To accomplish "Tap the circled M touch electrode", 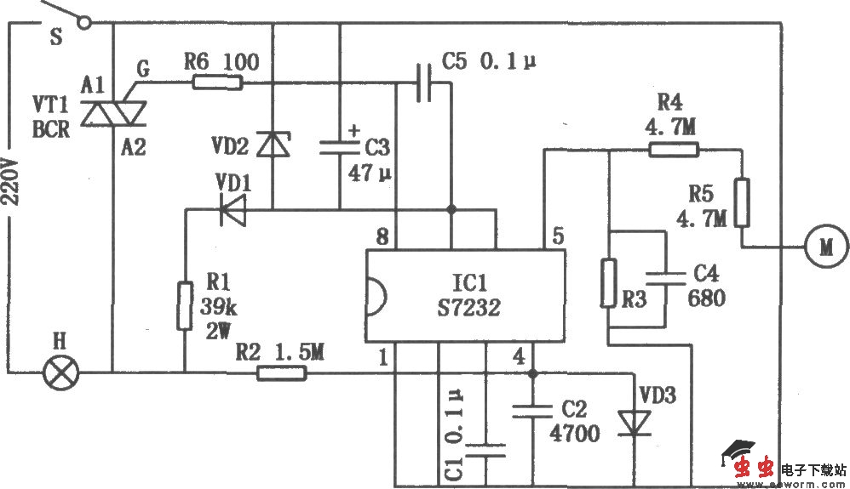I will tap(826, 247).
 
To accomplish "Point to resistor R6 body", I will tap(217, 82).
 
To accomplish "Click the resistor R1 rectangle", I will tap(184, 307).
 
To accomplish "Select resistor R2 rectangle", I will tap(281, 372).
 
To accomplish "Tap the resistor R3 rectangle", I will tap(608, 283).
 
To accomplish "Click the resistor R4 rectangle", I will tap(673, 151).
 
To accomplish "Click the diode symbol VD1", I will tap(231, 209).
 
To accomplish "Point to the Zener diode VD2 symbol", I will tap(273, 145).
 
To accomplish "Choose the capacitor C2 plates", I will tap(532, 412).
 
